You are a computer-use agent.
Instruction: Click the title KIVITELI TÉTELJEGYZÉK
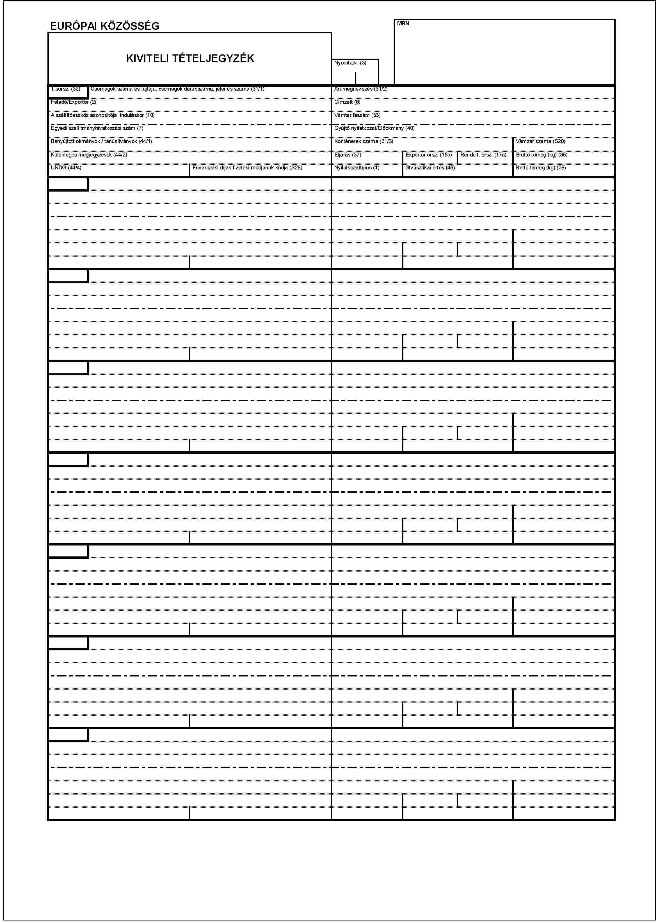[x=190, y=58]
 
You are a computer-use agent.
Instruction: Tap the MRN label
[x=403, y=24]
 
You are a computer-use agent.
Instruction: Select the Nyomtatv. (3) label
[x=350, y=63]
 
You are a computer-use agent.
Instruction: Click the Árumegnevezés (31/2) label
[x=361, y=89]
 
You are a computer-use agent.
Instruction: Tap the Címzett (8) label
[x=347, y=102]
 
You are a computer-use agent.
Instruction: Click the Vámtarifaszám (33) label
[x=357, y=115]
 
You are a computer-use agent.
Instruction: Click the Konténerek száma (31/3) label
[x=364, y=141]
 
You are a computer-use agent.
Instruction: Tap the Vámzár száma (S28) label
[x=540, y=141]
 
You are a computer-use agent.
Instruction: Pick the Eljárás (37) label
[x=348, y=155]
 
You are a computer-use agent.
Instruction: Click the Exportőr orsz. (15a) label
[x=429, y=155]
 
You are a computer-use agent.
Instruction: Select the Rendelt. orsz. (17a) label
[x=483, y=155]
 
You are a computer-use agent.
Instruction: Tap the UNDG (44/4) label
[x=66, y=168]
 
